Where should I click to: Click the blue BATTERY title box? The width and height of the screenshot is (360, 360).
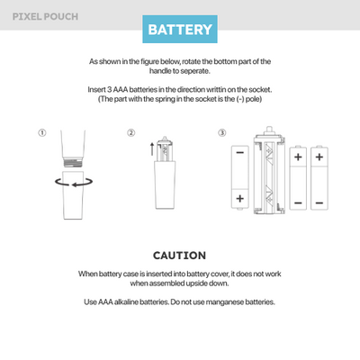point(180,29)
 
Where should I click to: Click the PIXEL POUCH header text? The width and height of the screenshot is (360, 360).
point(45,16)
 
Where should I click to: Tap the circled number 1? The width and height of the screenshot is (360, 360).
point(42,132)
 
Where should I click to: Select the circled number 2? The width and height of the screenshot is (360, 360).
point(131,132)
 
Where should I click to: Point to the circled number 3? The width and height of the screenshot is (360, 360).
point(222,132)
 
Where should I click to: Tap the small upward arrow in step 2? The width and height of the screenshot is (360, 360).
point(152,148)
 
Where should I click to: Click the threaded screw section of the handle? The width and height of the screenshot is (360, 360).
point(74,163)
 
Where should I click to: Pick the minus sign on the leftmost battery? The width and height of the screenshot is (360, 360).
point(240,153)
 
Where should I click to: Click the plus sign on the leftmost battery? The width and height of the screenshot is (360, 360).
point(240,198)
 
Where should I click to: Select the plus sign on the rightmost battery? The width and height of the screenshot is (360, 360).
point(319,157)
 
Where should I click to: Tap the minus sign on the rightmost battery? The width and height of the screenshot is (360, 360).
point(319,203)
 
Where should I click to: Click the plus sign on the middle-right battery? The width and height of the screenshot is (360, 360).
point(298,157)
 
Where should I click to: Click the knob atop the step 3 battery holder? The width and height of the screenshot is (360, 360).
point(269,130)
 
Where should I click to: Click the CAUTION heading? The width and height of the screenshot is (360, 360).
point(179,256)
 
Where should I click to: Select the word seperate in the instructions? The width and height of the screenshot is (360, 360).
point(195,71)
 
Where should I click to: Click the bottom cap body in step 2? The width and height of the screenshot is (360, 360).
point(165,184)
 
